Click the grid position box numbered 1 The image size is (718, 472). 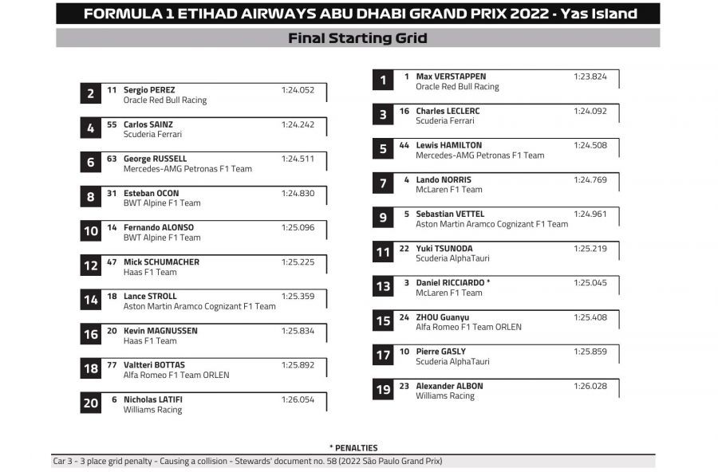[383, 80]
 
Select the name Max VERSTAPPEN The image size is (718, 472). [451, 77]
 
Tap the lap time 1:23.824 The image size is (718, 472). [590, 77]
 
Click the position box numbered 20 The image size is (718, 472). [91, 403]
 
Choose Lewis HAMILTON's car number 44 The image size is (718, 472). [404, 145]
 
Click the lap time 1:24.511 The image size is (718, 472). [298, 159]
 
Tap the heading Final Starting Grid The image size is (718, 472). [357, 38]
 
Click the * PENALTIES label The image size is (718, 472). [353, 448]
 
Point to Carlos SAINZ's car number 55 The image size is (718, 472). [112, 124]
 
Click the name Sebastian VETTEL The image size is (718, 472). [450, 214]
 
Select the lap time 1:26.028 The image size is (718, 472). [590, 386]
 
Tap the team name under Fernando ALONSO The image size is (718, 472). [162, 238]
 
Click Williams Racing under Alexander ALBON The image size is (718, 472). [444, 396]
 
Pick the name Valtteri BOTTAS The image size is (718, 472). [154, 365]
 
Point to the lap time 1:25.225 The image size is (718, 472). [298, 262]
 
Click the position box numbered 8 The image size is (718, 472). [91, 197]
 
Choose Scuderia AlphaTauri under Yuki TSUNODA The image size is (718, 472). [452, 258]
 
